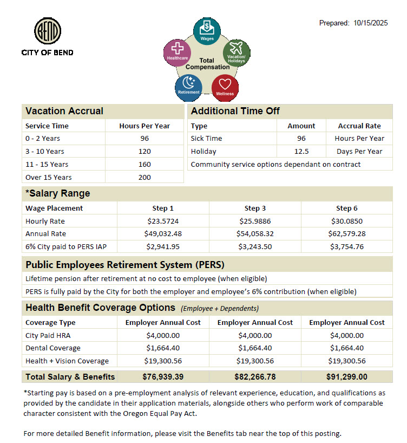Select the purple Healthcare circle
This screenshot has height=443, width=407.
click(x=177, y=53)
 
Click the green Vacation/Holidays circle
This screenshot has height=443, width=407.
click(x=237, y=53)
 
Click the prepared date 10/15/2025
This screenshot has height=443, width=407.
click(x=371, y=23)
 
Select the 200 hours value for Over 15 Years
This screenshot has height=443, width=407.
click(x=145, y=177)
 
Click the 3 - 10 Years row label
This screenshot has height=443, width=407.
click(x=45, y=151)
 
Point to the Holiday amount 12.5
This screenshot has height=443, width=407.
click(x=301, y=151)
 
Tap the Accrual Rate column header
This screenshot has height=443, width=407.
click(x=359, y=126)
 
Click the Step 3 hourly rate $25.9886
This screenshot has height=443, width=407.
click(x=255, y=221)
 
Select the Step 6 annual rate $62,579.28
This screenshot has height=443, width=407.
click(x=347, y=234)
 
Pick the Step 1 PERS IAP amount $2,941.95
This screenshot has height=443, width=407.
click(x=163, y=247)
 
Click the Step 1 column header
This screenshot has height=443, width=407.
click(x=163, y=208)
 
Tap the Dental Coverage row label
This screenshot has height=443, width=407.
click(x=53, y=348)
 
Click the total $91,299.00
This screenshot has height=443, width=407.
click(x=347, y=376)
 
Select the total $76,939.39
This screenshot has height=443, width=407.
click(x=163, y=376)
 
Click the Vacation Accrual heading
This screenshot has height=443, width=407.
click(x=64, y=111)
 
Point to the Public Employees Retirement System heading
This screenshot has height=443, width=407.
click(x=125, y=265)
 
